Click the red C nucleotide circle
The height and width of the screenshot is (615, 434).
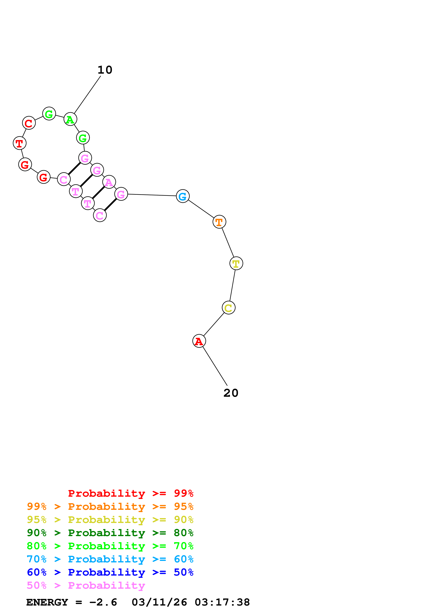pyautogui.click(x=29, y=123)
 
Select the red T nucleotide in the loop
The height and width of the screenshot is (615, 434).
pyautogui.click(x=20, y=143)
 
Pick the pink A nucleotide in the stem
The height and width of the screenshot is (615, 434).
pyautogui.click(x=109, y=182)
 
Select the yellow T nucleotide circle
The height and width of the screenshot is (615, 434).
pyautogui.click(x=236, y=263)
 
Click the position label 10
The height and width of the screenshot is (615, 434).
pyautogui.click(x=105, y=70)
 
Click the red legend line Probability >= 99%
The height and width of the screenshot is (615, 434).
pyautogui.click(x=130, y=493)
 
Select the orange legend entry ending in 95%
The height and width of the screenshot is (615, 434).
pyautogui.click(x=110, y=506)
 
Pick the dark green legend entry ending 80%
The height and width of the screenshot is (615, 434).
pyautogui.click(x=110, y=533)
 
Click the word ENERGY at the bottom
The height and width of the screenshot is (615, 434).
pyautogui.click(x=47, y=602)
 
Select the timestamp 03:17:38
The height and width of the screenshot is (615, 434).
pyautogui.click(x=222, y=602)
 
